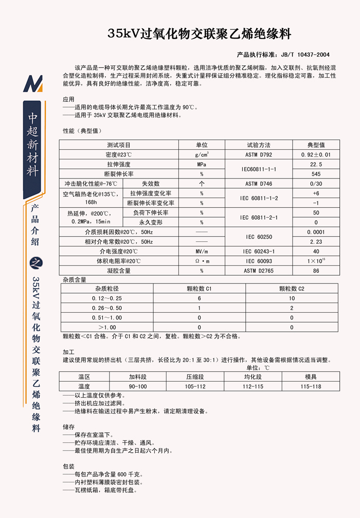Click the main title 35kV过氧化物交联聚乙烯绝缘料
click(199, 34)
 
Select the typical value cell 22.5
click(316, 164)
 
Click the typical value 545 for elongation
click(316, 174)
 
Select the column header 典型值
click(316, 145)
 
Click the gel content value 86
click(316, 271)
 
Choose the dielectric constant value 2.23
click(316, 241)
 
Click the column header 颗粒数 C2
click(292, 289)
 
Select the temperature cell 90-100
click(138, 386)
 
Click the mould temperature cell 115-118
click(310, 386)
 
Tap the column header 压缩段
click(195, 377)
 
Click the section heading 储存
click(68, 427)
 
